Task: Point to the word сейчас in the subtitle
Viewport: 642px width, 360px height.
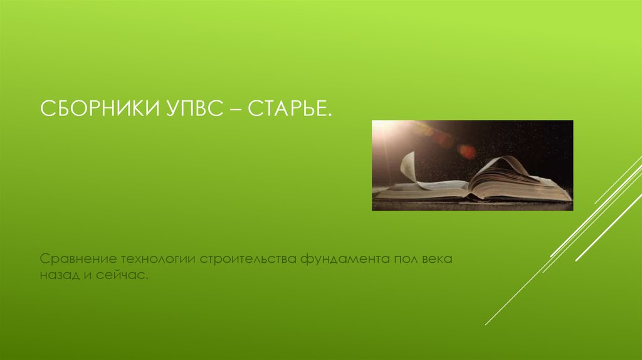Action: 123,275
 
